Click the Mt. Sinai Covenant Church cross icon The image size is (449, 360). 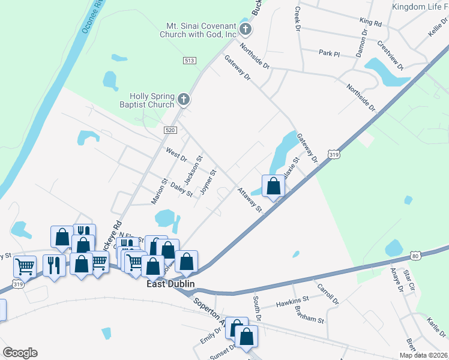pyautogui.click(x=244, y=29)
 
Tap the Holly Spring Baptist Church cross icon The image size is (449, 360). pyautogui.click(x=184, y=100)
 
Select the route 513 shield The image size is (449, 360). pyautogui.click(x=190, y=61)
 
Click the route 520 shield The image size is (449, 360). pyautogui.click(x=170, y=130)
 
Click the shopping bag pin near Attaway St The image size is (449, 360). pyautogui.click(x=274, y=187)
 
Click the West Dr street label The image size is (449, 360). pyautogui.click(x=176, y=154)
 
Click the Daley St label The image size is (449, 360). pyautogui.click(x=181, y=190)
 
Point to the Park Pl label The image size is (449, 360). pyautogui.click(x=330, y=53)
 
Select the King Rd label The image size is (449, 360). pyautogui.click(x=370, y=22)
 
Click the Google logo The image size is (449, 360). pyautogui.click(x=20, y=353)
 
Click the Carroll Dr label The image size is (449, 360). pyautogui.click(x=328, y=293)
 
